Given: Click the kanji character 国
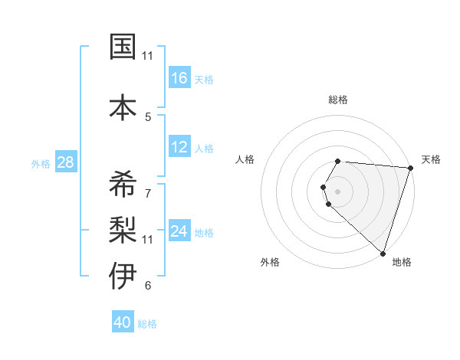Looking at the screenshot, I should click(x=122, y=47).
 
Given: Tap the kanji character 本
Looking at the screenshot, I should click(x=122, y=106).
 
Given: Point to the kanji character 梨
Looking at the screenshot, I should click(x=122, y=227).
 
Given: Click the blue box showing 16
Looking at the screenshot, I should click(x=179, y=78).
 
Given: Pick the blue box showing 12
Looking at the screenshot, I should click(x=179, y=148).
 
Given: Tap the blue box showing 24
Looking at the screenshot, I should click(x=179, y=232).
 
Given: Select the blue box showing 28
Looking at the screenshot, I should click(x=65, y=163).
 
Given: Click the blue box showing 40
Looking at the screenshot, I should click(x=123, y=323).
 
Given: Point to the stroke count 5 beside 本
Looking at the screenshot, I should click(x=148, y=116).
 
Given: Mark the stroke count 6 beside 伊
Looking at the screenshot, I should click(x=148, y=286).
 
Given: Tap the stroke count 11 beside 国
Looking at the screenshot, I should click(x=148, y=56).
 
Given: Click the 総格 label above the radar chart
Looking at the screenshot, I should click(x=338, y=100).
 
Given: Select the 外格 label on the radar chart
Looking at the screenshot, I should click(x=270, y=262).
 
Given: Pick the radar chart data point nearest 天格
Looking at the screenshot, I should click(x=410, y=168).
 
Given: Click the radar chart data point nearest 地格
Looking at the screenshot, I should click(x=383, y=253).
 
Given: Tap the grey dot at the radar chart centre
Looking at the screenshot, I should click(x=338, y=191).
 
